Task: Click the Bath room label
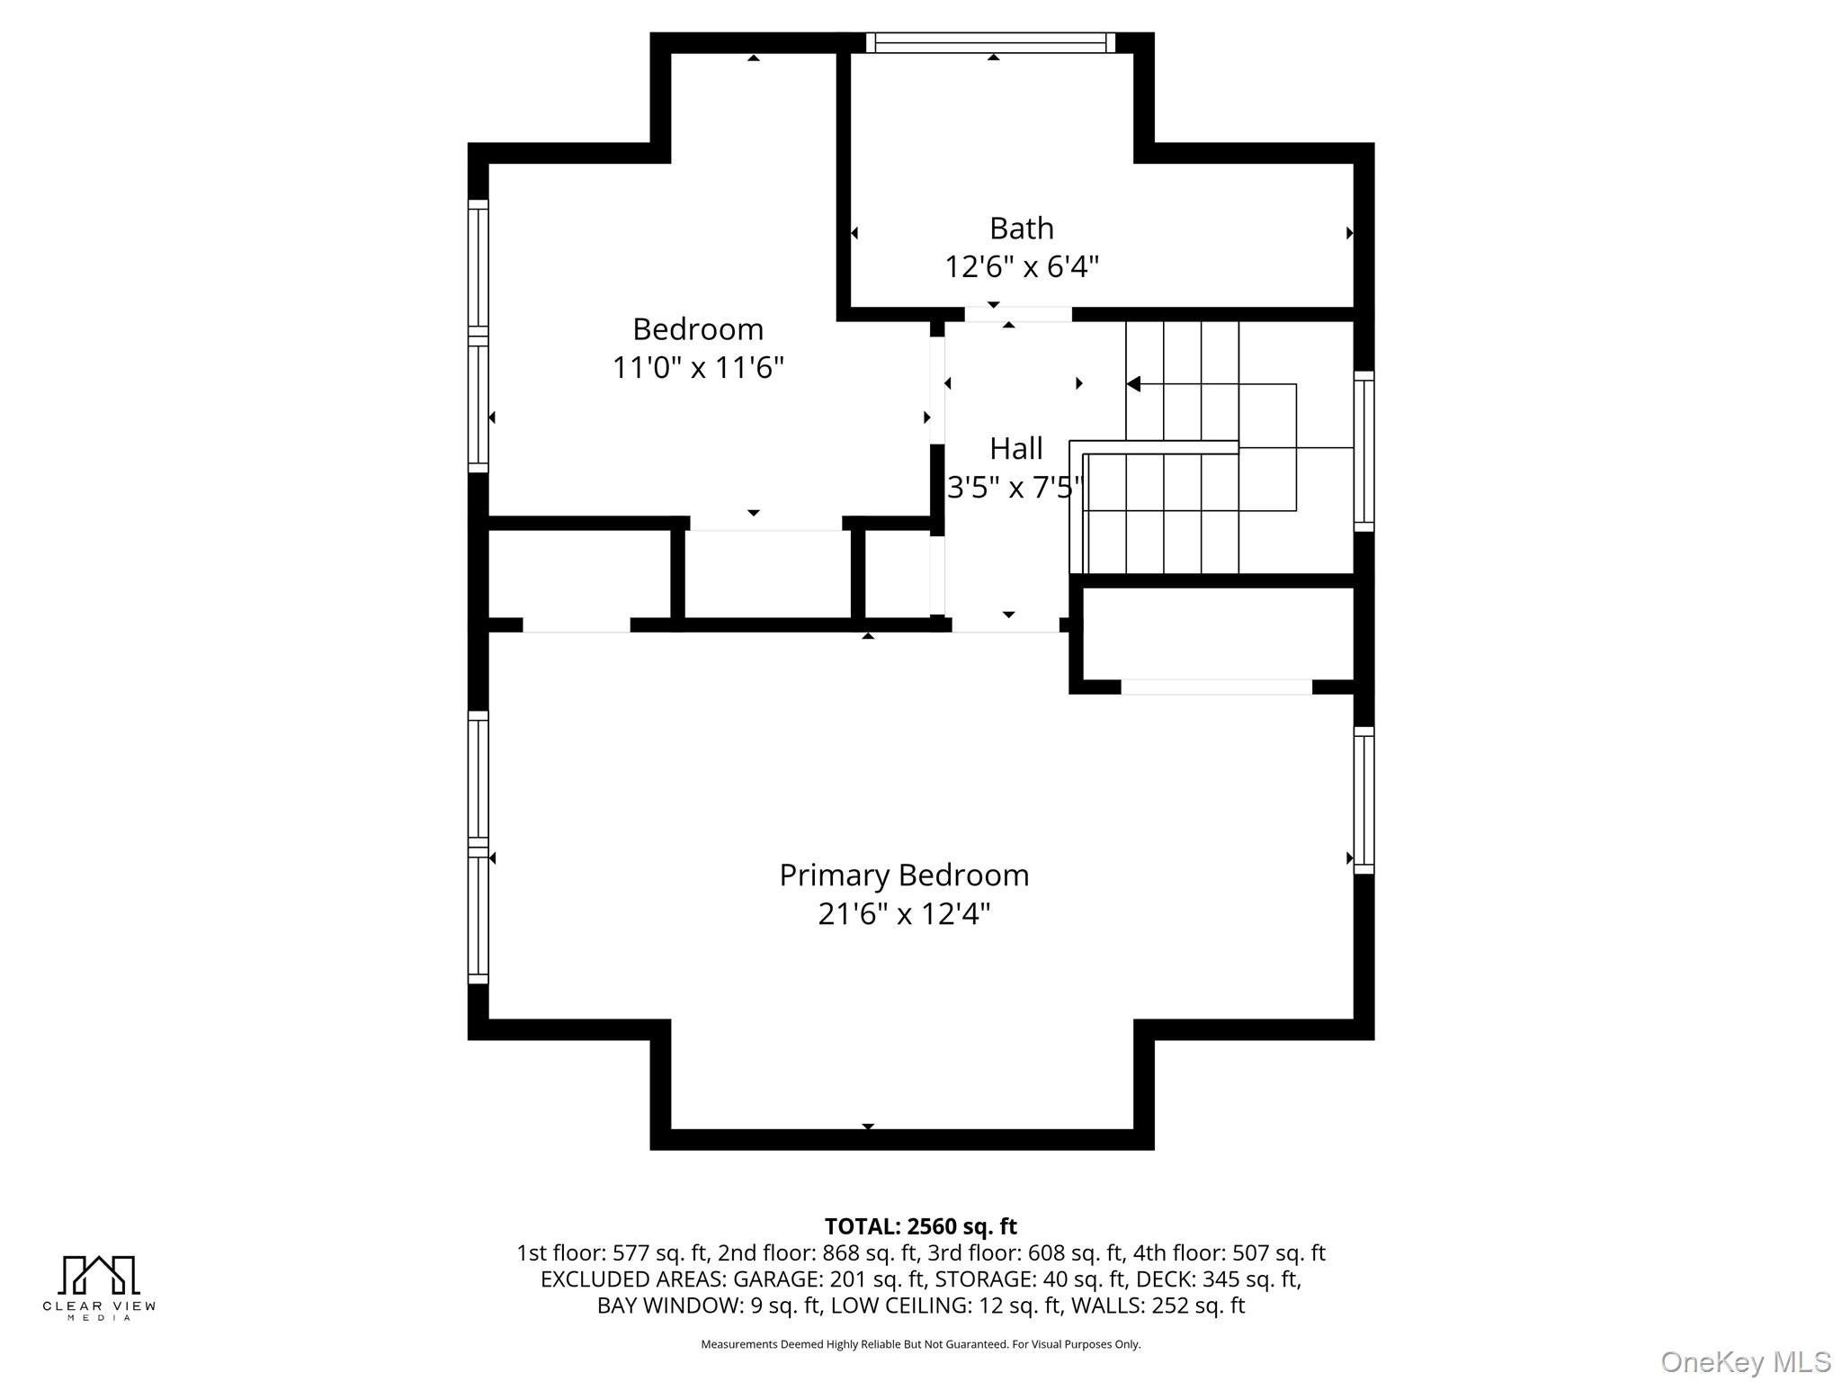point(1021,229)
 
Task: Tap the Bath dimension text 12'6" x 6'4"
point(1022,267)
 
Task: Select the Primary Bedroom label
point(904,875)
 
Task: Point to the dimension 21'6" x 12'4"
point(904,914)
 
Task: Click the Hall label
point(1016,448)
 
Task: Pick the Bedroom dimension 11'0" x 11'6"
point(698,368)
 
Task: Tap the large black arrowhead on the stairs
point(1133,384)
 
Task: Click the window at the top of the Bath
point(991,42)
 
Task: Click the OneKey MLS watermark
point(1745,1362)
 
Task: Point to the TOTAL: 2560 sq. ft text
point(921,1226)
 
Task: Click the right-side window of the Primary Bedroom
point(1364,800)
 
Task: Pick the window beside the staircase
point(1364,451)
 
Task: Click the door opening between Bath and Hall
point(1018,314)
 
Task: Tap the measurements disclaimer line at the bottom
point(921,1344)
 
